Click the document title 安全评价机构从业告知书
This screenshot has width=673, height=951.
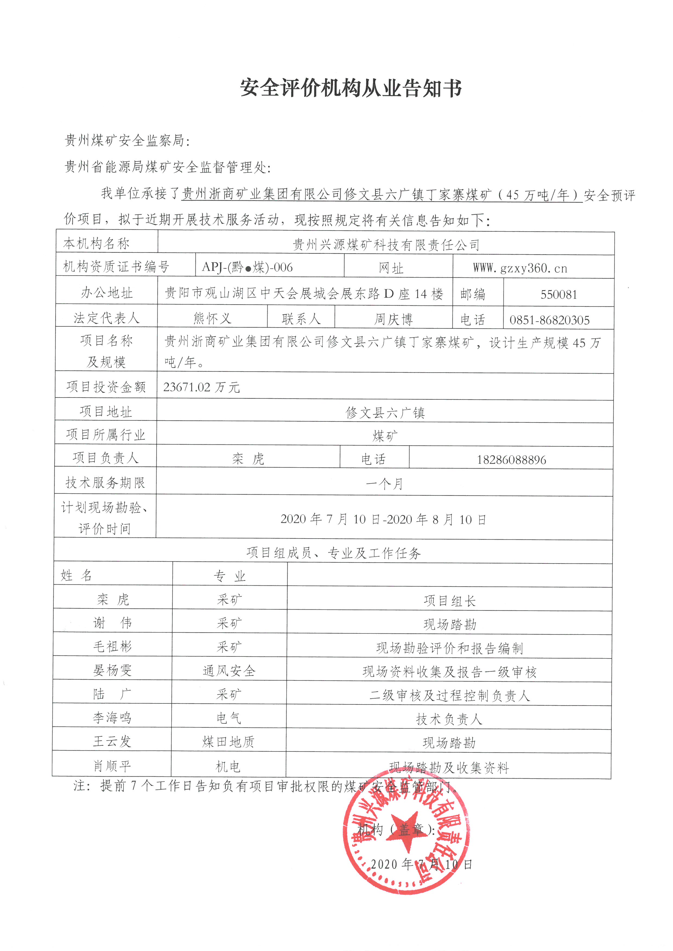click(x=351, y=88)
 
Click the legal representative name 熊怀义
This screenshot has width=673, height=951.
click(x=212, y=318)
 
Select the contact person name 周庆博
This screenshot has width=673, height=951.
click(x=393, y=319)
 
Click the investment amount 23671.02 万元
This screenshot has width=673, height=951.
click(x=201, y=387)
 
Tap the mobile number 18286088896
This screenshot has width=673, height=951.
click(x=511, y=460)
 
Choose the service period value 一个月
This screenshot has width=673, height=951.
click(x=384, y=484)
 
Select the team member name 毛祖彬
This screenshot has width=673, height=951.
click(x=112, y=646)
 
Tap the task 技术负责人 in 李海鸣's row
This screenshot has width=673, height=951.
click(x=449, y=719)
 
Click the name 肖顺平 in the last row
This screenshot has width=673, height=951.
click(x=112, y=766)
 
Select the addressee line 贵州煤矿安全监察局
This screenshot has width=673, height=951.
click(x=127, y=141)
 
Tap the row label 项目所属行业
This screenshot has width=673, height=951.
click(x=106, y=434)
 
